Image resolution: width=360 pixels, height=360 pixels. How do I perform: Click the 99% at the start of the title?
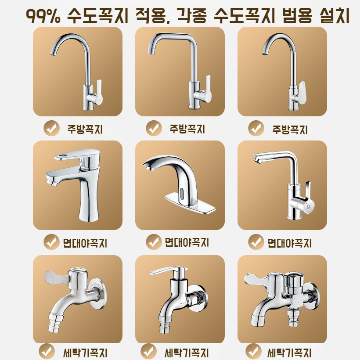(x=44, y=16)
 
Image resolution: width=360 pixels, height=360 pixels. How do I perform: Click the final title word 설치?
(x=334, y=16)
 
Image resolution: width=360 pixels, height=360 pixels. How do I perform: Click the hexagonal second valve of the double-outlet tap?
(x=293, y=281)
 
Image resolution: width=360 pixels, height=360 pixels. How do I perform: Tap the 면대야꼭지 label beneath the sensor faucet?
(x=187, y=242)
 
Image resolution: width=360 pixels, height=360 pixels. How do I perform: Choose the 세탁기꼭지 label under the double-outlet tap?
(x=289, y=352)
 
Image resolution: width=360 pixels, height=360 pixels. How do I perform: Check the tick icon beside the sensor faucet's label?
(x=153, y=241)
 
